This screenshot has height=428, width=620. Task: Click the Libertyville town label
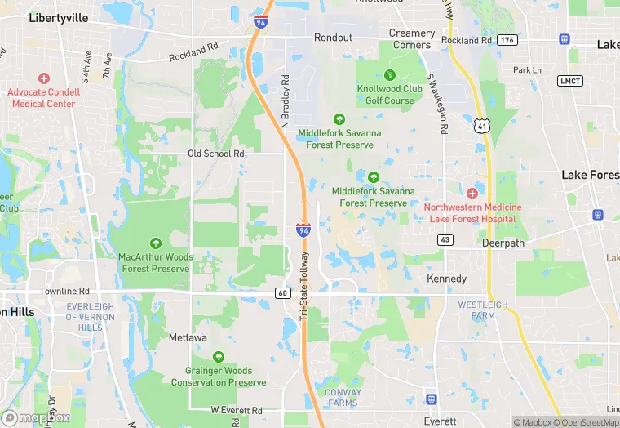58,17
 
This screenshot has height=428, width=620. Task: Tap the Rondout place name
334,38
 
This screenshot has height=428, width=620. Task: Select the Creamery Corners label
411,39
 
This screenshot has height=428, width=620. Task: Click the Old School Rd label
216,154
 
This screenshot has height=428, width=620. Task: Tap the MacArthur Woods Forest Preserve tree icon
156,243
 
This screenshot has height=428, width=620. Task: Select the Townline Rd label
64,291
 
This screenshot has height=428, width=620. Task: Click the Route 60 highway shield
282,292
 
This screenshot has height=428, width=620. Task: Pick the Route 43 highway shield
445,239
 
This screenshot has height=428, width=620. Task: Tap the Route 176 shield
507,39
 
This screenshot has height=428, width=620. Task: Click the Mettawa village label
188,337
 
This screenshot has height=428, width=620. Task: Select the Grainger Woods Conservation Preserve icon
219,357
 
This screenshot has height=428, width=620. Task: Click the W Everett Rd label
237,410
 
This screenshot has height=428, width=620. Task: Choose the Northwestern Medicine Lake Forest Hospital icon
472,193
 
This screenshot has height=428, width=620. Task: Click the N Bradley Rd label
286,102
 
